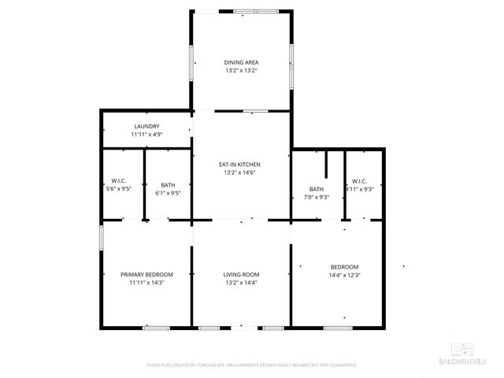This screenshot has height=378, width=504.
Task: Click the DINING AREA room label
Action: pos(241,62)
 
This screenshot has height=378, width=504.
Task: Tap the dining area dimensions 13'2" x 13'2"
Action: pos(241,71)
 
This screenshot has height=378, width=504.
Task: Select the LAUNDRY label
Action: pos(146,126)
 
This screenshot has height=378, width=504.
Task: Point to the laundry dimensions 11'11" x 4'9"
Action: pos(146,135)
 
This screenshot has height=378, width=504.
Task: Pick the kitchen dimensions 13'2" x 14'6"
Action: pos(240,173)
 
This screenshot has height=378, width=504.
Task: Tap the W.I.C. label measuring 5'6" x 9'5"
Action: pos(119,180)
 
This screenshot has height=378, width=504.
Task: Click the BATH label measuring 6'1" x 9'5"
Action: pos(168,184)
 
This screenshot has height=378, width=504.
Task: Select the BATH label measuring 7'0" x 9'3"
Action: pos(316,189)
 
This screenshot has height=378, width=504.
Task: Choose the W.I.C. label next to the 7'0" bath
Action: pos(359,180)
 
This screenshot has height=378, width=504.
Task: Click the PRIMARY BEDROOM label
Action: pos(146,274)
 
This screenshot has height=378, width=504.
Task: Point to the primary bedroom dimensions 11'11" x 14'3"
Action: pos(146,283)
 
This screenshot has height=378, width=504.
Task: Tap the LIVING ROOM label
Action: pos(241,274)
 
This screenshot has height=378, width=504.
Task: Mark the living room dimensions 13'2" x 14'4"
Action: pos(241,283)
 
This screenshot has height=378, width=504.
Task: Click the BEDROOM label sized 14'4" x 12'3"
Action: pos(344,266)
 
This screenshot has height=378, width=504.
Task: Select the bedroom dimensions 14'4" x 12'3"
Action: pos(344,275)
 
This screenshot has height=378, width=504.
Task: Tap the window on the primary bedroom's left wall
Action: pos(101,239)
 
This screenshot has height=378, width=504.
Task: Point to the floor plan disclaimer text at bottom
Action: pos(252,365)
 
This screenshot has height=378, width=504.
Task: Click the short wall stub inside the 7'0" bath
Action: pos(326,166)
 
